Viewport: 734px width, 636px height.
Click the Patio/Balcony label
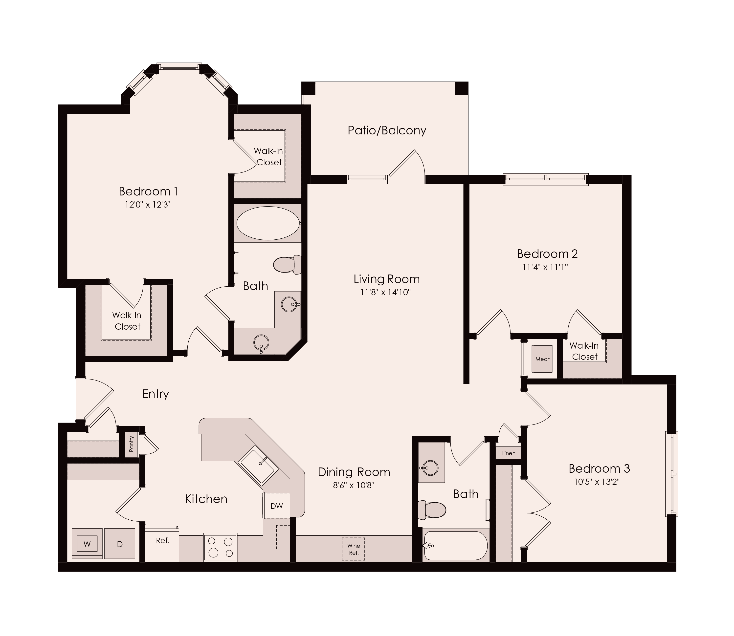point(387,130)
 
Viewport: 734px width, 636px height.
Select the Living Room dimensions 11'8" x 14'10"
point(385,293)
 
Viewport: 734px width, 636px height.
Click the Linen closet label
point(509,453)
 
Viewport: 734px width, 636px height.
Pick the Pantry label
point(131,444)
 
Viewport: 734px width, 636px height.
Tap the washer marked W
point(87,544)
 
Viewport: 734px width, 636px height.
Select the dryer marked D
point(120,544)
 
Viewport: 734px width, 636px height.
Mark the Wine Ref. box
point(353,549)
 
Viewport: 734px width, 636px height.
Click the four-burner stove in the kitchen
point(220,547)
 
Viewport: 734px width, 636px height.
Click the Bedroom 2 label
point(547,254)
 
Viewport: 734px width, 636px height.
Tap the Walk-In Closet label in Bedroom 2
point(584,351)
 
